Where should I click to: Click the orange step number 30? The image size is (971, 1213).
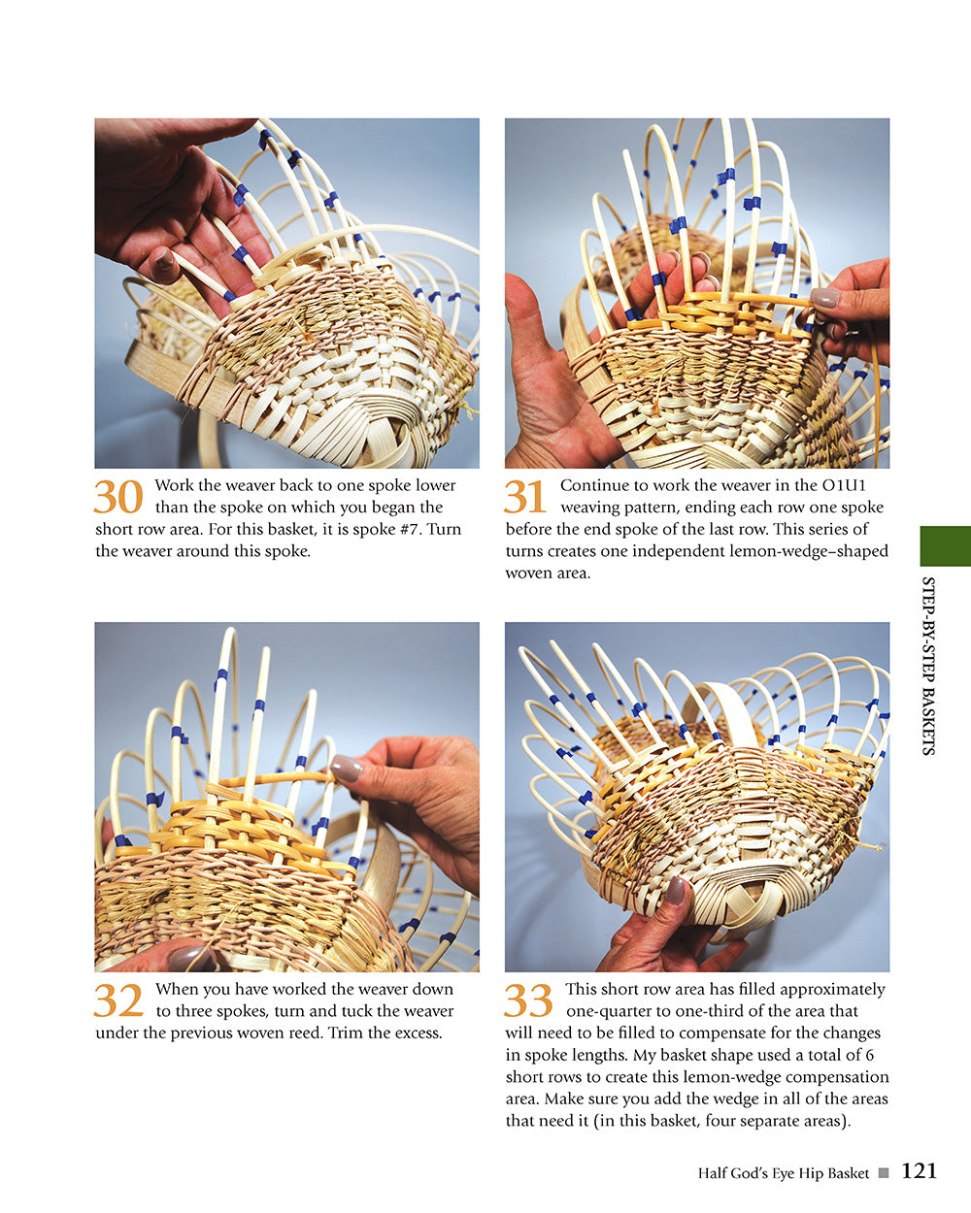coord(118,497)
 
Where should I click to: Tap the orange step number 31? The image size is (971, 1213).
coord(525,497)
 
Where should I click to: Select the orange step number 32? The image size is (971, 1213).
coord(118,1000)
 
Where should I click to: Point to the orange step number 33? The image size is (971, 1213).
coord(528,1000)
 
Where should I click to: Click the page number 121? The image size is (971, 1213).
coord(919,1171)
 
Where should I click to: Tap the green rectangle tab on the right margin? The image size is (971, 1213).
coord(945,546)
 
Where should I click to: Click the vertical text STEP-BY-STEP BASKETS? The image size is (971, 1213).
coord(927,666)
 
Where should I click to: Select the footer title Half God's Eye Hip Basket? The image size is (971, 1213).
coord(783,1173)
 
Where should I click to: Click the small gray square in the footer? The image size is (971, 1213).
coord(884,1173)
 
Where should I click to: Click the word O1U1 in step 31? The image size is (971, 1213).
coord(861,485)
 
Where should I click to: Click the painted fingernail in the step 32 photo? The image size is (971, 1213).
coord(346,769)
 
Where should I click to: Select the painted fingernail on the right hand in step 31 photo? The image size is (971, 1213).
coord(824,298)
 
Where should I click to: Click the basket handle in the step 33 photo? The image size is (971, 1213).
coord(723,706)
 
